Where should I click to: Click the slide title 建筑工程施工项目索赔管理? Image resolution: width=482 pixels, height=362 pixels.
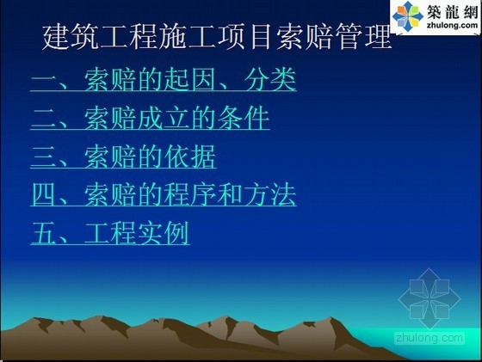point(217,38)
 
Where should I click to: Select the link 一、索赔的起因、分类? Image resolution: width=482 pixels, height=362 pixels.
point(164,79)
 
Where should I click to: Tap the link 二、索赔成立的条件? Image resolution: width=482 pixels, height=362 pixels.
point(150,118)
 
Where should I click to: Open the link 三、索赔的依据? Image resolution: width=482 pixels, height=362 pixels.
point(124,156)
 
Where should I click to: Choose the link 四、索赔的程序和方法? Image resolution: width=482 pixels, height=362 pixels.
point(164,195)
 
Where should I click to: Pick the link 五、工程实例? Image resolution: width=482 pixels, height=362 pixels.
point(110,233)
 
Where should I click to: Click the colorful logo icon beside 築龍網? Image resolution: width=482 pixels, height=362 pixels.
point(408,16)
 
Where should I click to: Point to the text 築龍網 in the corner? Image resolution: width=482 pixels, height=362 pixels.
point(452,11)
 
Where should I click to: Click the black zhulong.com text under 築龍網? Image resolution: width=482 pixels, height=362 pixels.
point(453,25)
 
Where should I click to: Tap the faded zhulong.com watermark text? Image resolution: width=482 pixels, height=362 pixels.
point(429,338)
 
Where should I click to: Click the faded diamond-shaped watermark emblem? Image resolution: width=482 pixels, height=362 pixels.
point(429,298)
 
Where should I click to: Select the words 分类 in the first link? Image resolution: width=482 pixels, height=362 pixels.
point(270,79)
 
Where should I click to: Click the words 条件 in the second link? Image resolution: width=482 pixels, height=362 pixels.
point(244,118)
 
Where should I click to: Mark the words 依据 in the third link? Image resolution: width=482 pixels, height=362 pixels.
point(190,156)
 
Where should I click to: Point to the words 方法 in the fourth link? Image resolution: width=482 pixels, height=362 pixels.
point(270,195)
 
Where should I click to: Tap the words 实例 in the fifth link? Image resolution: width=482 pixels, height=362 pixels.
point(164,233)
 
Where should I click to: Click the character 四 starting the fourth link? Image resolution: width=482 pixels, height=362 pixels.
point(44,195)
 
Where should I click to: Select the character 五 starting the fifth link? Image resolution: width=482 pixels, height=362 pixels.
point(44,233)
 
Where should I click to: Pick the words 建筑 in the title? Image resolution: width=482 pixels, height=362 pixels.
point(71,38)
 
